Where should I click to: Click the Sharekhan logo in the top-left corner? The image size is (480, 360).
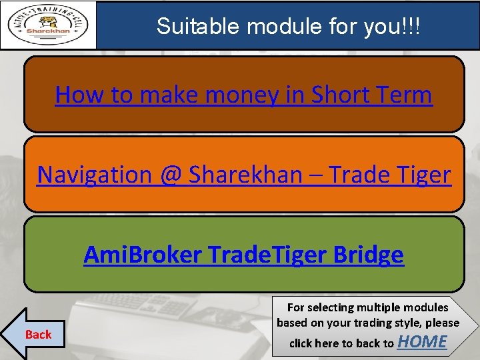point(48,25)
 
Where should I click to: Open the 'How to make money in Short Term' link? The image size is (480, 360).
point(243,95)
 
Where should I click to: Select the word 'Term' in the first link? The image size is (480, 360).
point(405,95)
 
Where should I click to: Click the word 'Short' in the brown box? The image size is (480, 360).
point(341,95)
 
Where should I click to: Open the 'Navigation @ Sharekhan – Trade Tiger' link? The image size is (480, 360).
point(243,175)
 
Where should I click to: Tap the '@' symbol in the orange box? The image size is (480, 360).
point(171,175)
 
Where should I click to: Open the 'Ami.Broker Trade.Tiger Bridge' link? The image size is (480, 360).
point(243,255)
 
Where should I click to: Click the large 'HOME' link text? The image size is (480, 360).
point(422,342)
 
